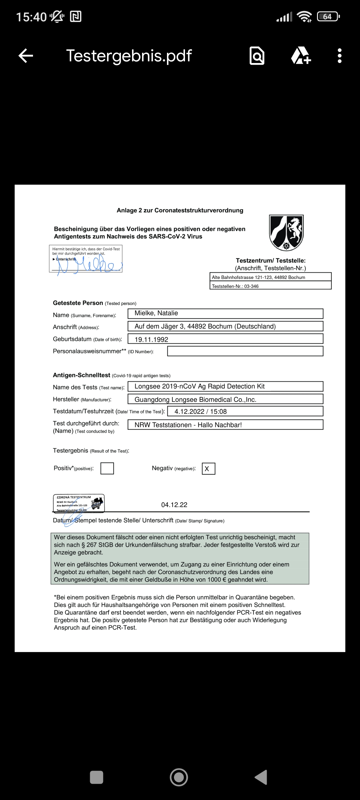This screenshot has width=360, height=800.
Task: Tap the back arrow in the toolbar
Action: click(x=26, y=56)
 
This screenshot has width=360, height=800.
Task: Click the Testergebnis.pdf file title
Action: click(x=129, y=56)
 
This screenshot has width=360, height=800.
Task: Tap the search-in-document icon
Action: click(x=257, y=56)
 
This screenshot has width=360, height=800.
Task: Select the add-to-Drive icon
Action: click(x=301, y=56)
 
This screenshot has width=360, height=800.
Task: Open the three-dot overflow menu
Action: click(x=339, y=56)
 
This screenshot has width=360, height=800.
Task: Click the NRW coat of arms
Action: click(x=286, y=233)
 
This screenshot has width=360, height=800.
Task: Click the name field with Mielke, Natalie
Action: click(x=225, y=313)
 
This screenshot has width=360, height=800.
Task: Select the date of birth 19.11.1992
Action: click(x=225, y=339)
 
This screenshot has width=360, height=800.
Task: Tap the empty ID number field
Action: click(x=245, y=351)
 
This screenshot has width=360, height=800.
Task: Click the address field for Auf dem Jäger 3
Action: click(x=225, y=326)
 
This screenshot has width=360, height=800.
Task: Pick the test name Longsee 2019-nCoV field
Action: click(x=225, y=386)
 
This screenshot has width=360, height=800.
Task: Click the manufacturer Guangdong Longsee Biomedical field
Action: click(x=225, y=399)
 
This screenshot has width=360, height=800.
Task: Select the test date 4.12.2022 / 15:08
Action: click(x=245, y=411)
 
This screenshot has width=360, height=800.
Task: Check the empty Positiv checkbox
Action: click(x=107, y=468)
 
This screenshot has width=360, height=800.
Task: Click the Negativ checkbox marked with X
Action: click(x=208, y=469)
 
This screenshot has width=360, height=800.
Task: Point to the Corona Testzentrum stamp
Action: click(x=79, y=503)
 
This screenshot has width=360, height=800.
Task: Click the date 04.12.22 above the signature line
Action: click(x=174, y=505)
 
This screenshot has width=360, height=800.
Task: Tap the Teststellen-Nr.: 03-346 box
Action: click(x=270, y=286)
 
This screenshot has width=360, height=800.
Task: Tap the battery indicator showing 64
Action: click(x=328, y=17)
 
